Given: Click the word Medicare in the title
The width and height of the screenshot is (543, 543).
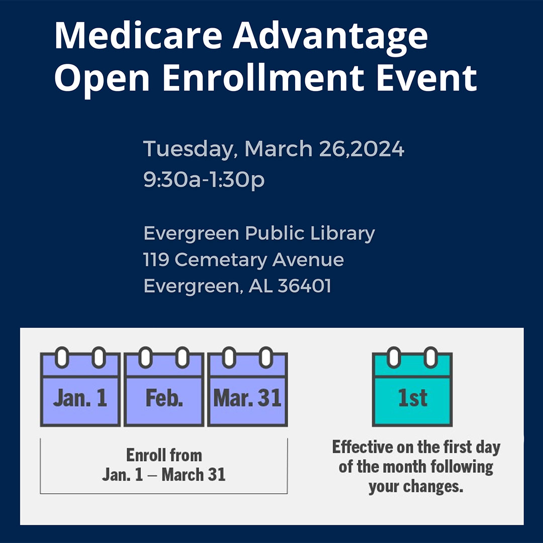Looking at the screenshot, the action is coord(138,36).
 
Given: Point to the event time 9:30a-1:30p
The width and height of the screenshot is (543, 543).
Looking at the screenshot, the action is coord(204,180).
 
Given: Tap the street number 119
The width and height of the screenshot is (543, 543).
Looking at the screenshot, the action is coord(156,260).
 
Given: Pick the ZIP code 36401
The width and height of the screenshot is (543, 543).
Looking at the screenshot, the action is coord(304,286).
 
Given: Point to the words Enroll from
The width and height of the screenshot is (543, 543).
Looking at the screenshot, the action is coord(164,455).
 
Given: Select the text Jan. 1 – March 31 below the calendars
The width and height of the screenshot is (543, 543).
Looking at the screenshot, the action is coord(164,475).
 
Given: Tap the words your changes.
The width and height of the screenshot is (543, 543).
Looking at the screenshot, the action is coord(416,487).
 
